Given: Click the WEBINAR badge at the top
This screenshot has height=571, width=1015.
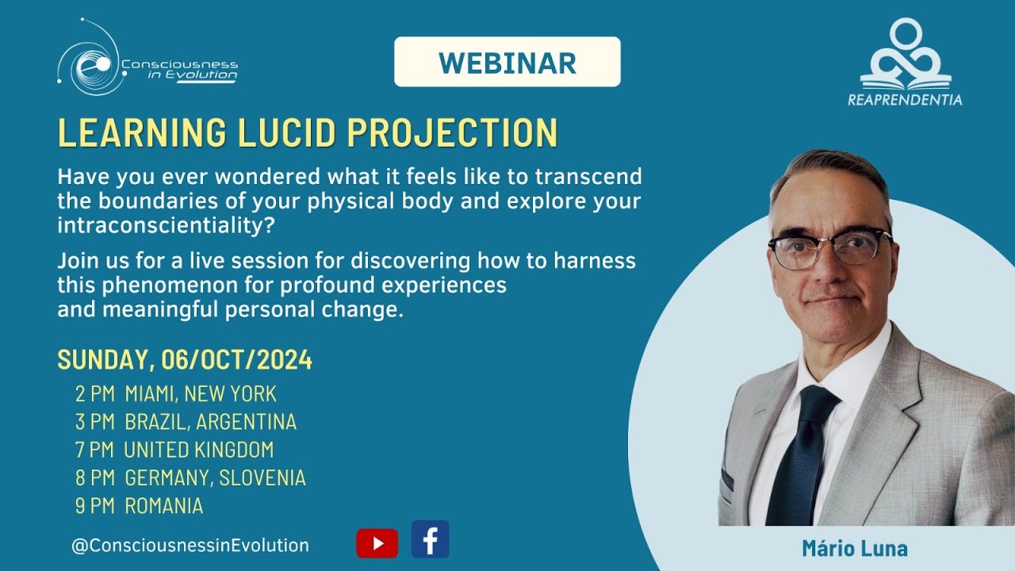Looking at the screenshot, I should coord(507,62).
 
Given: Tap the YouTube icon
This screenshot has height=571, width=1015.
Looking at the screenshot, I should coord(377,543).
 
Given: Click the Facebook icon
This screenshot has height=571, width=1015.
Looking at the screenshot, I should coord(430,540).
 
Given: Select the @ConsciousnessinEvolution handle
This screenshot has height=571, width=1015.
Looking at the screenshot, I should coord(190,546).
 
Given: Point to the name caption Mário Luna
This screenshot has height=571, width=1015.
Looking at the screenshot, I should coord(854,549).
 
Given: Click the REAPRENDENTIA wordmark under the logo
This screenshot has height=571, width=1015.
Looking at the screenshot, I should coord(905,100).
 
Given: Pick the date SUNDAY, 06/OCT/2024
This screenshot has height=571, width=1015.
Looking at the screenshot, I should coord(185,361).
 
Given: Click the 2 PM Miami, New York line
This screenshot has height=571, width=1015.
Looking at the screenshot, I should coord(176,393).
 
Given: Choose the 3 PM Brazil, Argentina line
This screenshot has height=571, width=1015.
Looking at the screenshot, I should coord(186,422).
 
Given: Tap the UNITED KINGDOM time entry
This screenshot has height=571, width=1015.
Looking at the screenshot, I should coord(198,450).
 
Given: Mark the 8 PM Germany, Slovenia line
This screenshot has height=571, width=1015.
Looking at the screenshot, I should coord(190,478).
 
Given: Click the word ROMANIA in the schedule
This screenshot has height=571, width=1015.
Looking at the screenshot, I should coord(163,506).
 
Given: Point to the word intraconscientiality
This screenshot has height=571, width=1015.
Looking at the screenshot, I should coord(159,225).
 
